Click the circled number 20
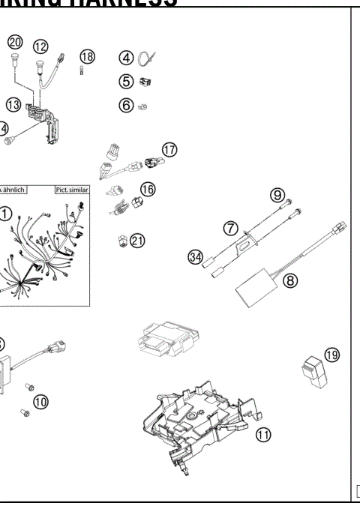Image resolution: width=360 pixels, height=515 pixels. pos(15,42)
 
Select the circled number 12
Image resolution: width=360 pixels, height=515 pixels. pos(40,46)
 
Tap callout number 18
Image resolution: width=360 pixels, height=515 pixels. pos(88,56)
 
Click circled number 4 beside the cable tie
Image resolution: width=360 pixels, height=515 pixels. pos(127,58)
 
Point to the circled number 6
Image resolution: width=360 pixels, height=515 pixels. pos(127,105)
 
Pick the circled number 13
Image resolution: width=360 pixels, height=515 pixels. pos(14,104)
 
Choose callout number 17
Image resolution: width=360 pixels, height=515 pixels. pos(169,149)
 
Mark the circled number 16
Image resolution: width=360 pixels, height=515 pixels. pos(147,189)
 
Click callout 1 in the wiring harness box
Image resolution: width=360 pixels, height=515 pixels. pos(5,214)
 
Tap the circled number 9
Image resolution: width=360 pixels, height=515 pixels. pos(277,195)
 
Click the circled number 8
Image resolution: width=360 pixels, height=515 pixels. pos(290,280)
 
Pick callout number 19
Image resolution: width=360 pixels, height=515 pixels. pos(331,354)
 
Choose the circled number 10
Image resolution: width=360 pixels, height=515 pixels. pos(40,402)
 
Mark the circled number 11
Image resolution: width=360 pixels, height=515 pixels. pos(263,434)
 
